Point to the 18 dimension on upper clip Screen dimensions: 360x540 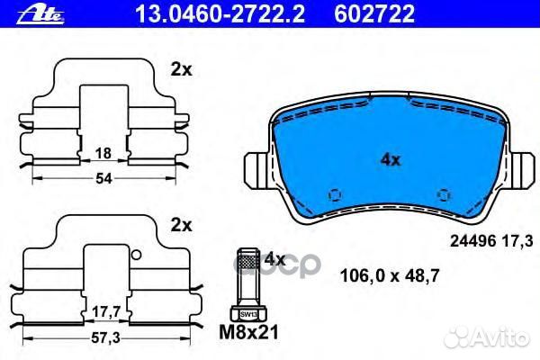click(104, 153)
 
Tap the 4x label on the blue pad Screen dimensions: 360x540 click(389, 160)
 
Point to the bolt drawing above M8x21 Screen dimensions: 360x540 click(247, 283)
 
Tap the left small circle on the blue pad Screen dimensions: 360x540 click(334, 193)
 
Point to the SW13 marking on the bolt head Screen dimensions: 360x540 click(247, 313)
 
